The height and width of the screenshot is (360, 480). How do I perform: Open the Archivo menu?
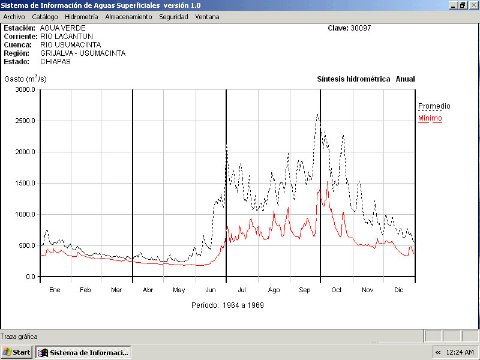[x=14, y=17]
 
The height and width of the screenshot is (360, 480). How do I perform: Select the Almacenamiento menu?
[x=128, y=17]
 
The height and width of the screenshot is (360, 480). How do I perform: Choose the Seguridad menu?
[x=173, y=17]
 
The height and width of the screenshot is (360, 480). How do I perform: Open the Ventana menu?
[x=207, y=17]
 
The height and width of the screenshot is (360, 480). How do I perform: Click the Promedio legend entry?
[x=434, y=106]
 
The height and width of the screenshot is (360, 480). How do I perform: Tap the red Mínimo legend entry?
[x=430, y=118]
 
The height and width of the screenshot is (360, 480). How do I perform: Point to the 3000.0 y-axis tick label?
[x=26, y=90]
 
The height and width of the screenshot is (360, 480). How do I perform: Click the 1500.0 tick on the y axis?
[x=26, y=184]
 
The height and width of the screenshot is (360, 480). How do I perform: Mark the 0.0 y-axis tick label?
[x=30, y=277]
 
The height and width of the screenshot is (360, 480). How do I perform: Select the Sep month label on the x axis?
[x=305, y=290]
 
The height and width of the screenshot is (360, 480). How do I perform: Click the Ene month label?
[x=55, y=290]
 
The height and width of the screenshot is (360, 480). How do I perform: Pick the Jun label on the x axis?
[x=211, y=290]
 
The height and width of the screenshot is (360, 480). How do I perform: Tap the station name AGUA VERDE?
[x=63, y=28]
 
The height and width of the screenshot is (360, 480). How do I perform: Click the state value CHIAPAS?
[x=56, y=62]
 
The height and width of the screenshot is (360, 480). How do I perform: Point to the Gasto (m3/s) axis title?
[x=25, y=79]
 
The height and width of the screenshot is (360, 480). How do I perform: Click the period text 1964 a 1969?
[x=243, y=305]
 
